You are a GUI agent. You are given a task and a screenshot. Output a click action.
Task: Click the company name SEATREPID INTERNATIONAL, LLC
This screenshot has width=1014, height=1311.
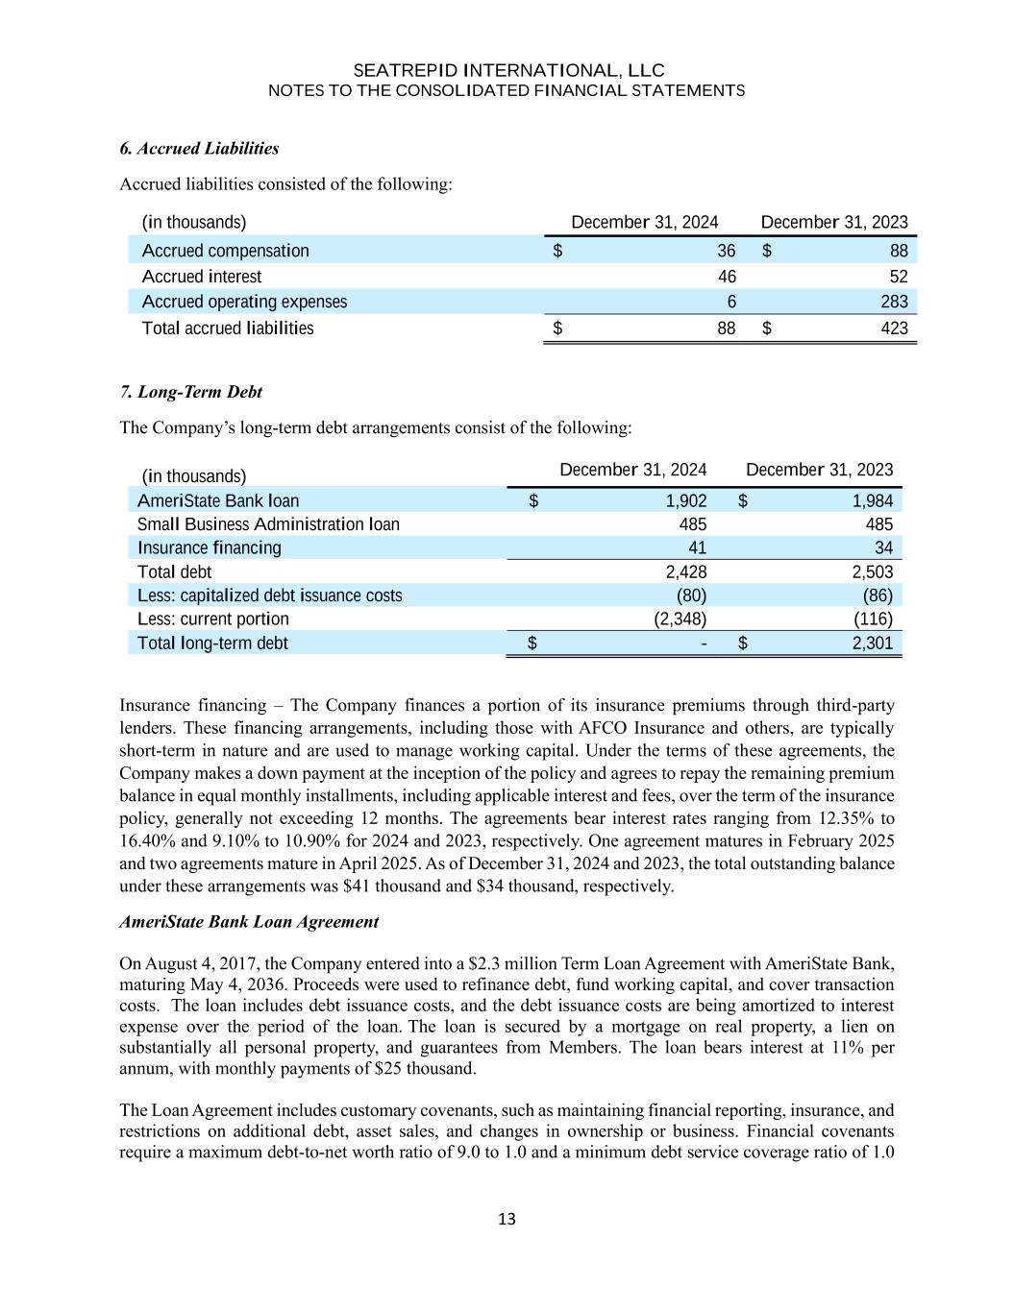pyautogui.click(x=508, y=71)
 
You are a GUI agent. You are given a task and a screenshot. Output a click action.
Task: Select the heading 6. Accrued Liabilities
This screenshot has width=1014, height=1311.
pyautogui.click(x=199, y=148)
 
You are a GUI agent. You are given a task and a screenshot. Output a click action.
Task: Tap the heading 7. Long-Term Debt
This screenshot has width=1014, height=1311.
pyautogui.click(x=190, y=392)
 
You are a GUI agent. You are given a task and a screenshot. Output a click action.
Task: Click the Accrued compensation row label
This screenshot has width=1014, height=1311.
pyautogui.click(x=225, y=251)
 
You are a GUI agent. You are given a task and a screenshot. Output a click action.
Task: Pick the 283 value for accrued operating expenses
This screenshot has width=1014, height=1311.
pyautogui.click(x=892, y=302)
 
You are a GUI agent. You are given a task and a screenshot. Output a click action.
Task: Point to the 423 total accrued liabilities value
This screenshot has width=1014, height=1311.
pyautogui.click(x=894, y=328)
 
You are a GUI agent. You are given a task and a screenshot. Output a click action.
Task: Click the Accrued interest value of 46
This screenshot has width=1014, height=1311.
pyautogui.click(x=727, y=277)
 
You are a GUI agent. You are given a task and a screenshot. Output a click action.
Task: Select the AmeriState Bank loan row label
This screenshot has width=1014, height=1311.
pyautogui.click(x=218, y=500)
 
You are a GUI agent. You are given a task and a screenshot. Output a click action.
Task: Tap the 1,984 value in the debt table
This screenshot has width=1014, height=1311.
pyautogui.click(x=872, y=500)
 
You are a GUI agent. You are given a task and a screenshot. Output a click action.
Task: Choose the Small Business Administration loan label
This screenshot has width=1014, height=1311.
pyautogui.click(x=268, y=524)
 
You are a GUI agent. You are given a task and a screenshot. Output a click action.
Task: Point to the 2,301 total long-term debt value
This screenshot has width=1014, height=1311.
pyautogui.click(x=872, y=643)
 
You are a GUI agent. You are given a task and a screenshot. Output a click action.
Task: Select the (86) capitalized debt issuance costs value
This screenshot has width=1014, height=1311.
pyautogui.click(x=878, y=595)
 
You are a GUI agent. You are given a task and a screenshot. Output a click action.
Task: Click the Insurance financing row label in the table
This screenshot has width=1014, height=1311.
pyautogui.click(x=210, y=547)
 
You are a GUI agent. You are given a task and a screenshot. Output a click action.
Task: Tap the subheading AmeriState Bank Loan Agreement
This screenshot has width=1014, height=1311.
pyautogui.click(x=249, y=922)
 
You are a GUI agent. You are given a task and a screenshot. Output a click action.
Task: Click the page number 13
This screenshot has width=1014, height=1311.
pyautogui.click(x=507, y=1220)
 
